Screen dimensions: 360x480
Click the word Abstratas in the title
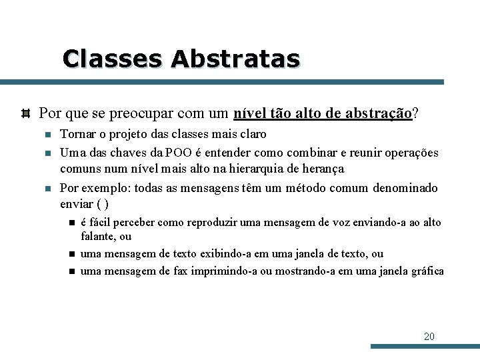coord(235,59)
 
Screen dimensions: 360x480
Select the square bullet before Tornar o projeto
coord(48,135)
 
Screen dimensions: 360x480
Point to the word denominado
coord(405,188)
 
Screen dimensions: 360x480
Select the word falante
coord(98,236)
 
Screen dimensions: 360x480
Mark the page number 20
coord(429,336)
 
